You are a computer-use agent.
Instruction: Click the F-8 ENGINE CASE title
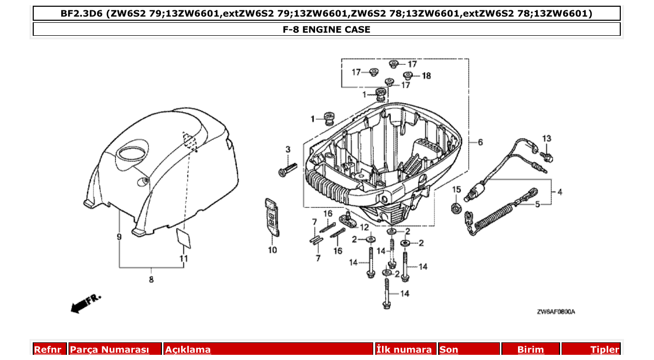click(x=326, y=30)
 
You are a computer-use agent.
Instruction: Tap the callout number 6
click(x=480, y=142)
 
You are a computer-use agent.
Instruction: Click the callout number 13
click(x=547, y=139)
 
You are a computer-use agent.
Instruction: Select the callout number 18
click(x=426, y=76)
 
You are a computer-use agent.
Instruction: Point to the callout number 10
click(x=272, y=250)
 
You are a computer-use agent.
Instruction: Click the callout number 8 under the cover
click(x=151, y=280)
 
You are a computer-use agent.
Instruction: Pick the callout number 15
click(x=456, y=189)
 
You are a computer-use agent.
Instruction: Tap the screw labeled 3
click(x=287, y=170)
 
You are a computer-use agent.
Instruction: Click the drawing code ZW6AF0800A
click(x=556, y=312)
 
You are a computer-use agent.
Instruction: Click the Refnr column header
click(x=48, y=350)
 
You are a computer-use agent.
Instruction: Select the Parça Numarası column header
click(x=110, y=350)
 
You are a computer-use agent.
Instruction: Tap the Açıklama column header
click(x=188, y=350)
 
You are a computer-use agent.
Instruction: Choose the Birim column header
click(x=530, y=350)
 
